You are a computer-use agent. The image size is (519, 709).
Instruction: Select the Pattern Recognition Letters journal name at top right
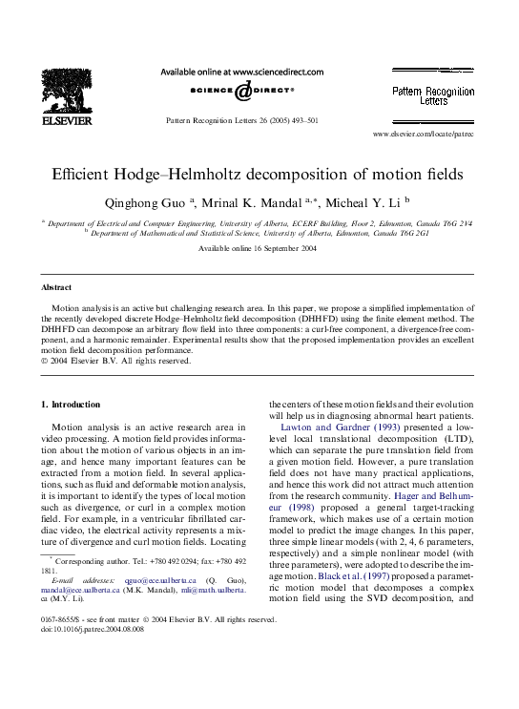coord(433,95)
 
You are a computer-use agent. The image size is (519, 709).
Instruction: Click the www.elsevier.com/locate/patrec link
coord(424,136)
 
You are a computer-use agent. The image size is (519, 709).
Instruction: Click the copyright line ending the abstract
coord(115,360)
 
